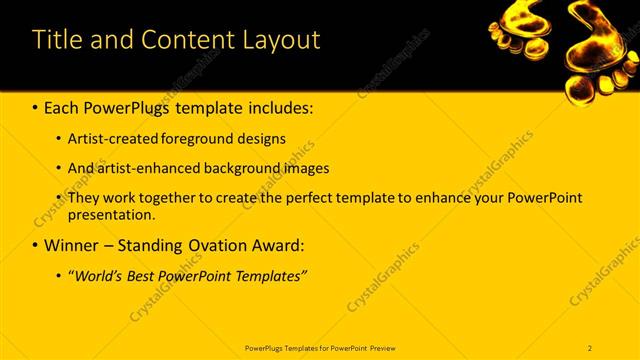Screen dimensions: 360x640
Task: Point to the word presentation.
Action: pyautogui.click(x=110, y=214)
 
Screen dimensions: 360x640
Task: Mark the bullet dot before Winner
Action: pyautogui.click(x=37, y=245)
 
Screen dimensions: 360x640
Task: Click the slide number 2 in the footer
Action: pyautogui.click(x=590, y=347)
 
